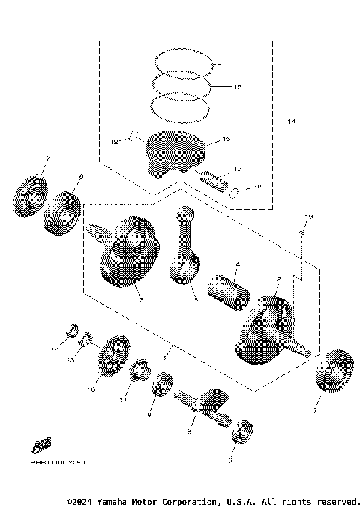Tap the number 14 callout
pyautogui.click(x=292, y=121)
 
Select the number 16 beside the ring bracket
pyautogui.click(x=237, y=88)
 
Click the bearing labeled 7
pyautogui.click(x=30, y=194)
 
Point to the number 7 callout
pyautogui.click(x=47, y=158)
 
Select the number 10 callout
pyautogui.click(x=93, y=389)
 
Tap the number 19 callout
pyautogui.click(x=307, y=216)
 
